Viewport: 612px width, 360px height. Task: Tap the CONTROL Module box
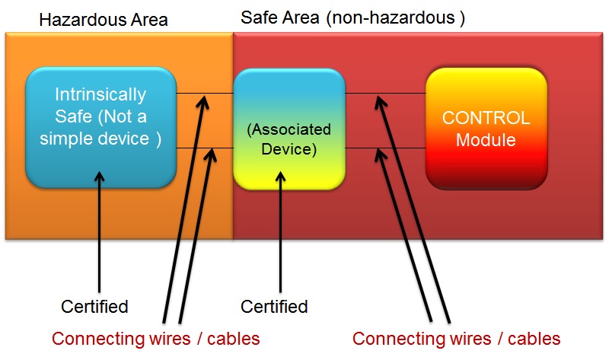click(486, 128)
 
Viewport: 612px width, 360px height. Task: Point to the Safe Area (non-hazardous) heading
click(352, 18)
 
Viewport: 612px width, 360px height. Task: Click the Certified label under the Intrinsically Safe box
click(94, 307)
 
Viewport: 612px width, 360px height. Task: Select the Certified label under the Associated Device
click(274, 307)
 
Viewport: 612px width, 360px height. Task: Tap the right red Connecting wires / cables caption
click(457, 339)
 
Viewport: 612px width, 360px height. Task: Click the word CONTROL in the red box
click(486, 119)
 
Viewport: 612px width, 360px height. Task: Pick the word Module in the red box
click(486, 140)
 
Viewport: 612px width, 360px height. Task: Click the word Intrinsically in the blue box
click(100, 95)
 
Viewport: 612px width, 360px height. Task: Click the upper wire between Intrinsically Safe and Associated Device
click(190, 94)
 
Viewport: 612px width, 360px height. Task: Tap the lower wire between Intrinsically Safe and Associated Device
click(190, 149)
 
